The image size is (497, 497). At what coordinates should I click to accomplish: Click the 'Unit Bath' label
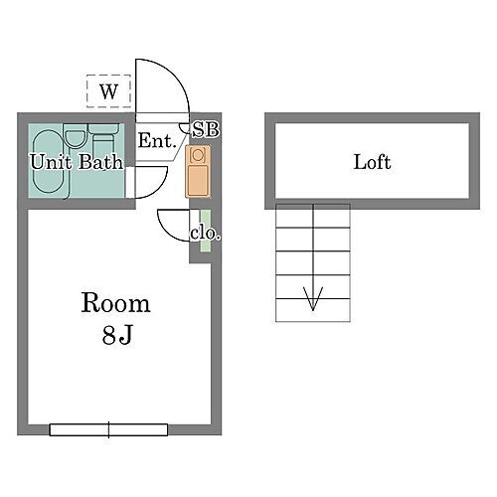coord(76,161)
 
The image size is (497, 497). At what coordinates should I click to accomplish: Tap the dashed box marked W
coord(109,91)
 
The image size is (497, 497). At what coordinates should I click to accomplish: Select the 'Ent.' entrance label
coord(156,142)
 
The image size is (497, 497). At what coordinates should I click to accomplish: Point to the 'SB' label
coord(205,129)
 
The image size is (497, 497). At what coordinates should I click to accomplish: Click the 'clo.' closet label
coord(205,235)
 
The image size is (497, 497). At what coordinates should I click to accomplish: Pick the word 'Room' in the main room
coord(115,302)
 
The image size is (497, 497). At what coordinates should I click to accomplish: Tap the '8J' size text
coord(116,335)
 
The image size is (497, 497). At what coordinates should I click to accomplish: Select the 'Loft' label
coord(372,162)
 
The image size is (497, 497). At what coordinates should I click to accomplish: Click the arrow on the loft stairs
coord(313,295)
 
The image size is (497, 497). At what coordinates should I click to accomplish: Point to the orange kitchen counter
coord(196,172)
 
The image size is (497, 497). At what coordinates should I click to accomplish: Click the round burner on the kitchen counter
coord(196,156)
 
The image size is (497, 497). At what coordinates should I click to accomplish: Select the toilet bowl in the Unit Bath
coord(75,139)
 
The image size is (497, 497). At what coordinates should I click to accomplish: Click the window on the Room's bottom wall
coord(109,429)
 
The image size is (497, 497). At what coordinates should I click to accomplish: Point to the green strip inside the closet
coord(205,231)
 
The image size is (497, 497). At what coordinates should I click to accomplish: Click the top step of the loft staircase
coord(313,218)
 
